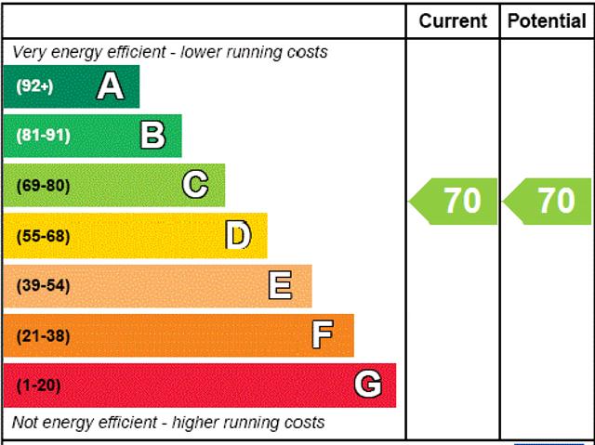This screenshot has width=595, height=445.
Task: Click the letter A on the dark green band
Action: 110,86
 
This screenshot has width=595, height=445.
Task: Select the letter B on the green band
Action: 152,136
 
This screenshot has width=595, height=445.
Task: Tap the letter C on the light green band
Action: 195,185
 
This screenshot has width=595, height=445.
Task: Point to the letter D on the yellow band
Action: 238,236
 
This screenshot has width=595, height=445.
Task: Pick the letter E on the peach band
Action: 280,285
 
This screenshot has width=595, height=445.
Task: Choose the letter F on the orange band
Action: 323,335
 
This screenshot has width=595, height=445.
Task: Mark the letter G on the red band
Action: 368,385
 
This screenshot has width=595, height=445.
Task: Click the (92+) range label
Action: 34,87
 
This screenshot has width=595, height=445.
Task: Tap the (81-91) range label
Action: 43,136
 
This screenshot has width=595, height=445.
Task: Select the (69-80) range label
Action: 43,186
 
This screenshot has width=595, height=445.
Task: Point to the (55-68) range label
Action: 43,236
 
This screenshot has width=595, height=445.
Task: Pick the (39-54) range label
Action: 43,286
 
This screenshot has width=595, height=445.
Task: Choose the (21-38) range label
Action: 43,336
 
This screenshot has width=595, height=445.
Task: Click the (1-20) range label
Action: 38,386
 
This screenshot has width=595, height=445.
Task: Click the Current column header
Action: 453,20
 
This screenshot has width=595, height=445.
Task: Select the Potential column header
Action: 548,20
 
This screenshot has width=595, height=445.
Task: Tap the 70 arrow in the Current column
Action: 452,201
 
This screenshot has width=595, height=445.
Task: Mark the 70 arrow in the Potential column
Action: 547,201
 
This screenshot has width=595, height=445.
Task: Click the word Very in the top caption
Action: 29,52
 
